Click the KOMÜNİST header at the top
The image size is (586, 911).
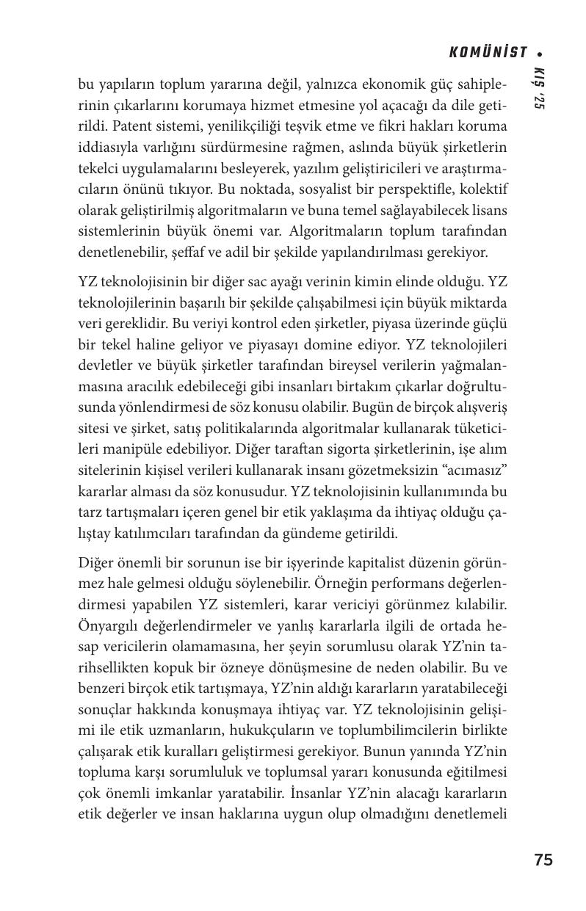[x=488, y=52]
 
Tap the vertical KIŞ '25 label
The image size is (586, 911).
[x=538, y=89]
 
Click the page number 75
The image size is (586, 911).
[x=543, y=860]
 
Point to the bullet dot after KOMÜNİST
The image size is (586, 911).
[x=540, y=53]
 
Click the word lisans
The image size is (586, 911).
[x=488, y=211]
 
